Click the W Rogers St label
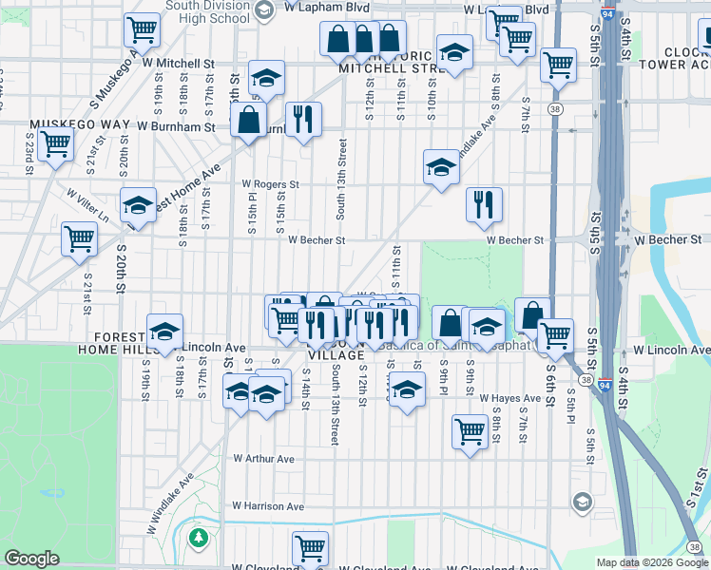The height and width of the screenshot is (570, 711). tap(271, 184)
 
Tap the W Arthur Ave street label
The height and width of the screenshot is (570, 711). tap(264, 459)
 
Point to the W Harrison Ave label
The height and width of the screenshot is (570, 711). tap(268, 506)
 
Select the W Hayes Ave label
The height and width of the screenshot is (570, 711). tap(510, 398)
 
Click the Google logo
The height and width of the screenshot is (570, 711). tap(31, 559)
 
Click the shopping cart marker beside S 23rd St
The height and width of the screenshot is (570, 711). tap(56, 144)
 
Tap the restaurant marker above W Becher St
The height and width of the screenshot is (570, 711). tap(484, 203)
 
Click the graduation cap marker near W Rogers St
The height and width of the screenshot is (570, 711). tap(441, 167)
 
